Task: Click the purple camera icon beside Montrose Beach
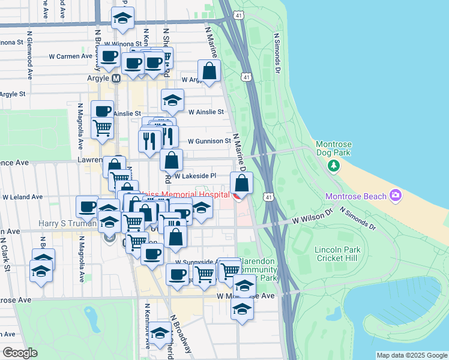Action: pos(395,195)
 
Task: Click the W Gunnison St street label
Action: pos(209,142)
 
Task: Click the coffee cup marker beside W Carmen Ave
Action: pos(109,57)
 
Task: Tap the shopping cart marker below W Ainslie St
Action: pos(102,127)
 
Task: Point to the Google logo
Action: pos(19,353)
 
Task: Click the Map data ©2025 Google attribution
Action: pos(412,355)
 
